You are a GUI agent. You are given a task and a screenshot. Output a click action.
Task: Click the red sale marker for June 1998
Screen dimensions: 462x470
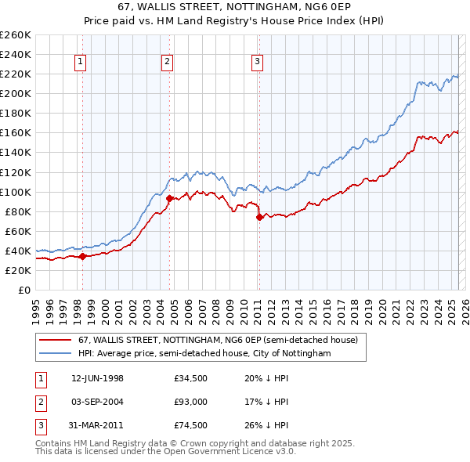(x=82, y=256)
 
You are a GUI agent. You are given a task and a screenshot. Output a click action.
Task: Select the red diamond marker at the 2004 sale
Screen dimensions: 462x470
(x=168, y=198)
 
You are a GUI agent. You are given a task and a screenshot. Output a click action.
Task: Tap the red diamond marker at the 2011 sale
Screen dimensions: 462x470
(x=259, y=216)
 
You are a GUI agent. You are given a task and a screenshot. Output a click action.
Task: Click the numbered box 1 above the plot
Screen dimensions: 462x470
(x=81, y=63)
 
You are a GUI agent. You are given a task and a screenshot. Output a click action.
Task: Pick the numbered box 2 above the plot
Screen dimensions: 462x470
(x=168, y=63)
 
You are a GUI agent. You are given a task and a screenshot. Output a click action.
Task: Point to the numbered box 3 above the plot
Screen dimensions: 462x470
(x=258, y=63)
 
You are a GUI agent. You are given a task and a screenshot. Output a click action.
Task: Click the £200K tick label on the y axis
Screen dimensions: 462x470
(x=16, y=93)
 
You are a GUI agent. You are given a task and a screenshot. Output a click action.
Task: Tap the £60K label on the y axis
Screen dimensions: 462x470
(x=19, y=231)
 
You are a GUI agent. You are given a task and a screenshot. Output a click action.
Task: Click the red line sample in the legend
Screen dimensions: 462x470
(x=56, y=340)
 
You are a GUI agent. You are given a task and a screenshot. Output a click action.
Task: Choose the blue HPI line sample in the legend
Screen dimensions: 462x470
(x=56, y=354)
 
